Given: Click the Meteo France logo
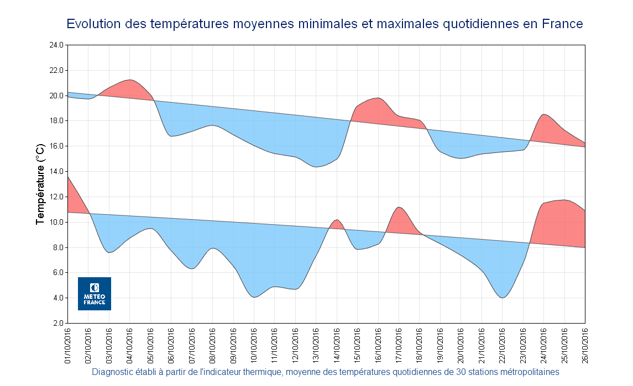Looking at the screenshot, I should [94, 293].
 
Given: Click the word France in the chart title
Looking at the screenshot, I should [562, 24].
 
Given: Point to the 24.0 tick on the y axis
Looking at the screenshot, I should [56, 45].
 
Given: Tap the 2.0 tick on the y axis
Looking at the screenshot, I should [58, 323].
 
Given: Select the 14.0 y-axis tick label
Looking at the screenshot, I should [56, 171].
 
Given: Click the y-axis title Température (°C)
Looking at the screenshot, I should [40, 184].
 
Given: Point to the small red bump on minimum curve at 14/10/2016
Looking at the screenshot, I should [336, 224].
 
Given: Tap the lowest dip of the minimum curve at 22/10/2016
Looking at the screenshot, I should [502, 297].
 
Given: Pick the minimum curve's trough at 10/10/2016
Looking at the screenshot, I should [254, 297].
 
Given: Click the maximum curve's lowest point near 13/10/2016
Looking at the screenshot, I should [316, 166].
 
